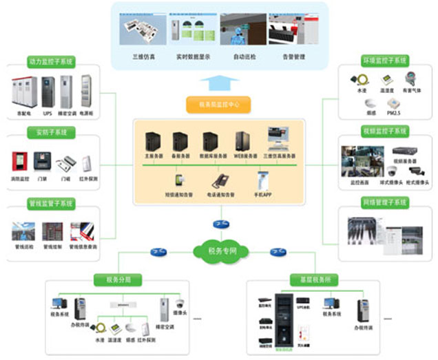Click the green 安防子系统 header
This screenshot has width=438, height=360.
click(48, 131)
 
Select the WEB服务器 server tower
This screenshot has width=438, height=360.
click(241, 142)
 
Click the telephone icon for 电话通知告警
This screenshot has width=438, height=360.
click(220, 181)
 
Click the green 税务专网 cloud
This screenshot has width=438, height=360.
click(219, 251)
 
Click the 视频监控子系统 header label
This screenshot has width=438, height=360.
click(386, 131)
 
